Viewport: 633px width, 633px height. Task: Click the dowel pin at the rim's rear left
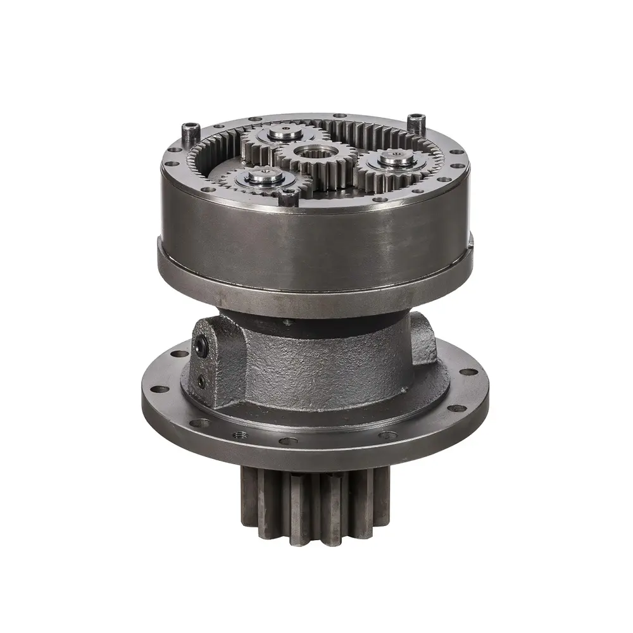(187, 132)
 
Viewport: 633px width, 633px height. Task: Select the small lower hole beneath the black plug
(201, 381)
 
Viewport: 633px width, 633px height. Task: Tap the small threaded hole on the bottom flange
(239, 436)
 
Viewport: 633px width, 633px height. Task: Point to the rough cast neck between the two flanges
(316, 367)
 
